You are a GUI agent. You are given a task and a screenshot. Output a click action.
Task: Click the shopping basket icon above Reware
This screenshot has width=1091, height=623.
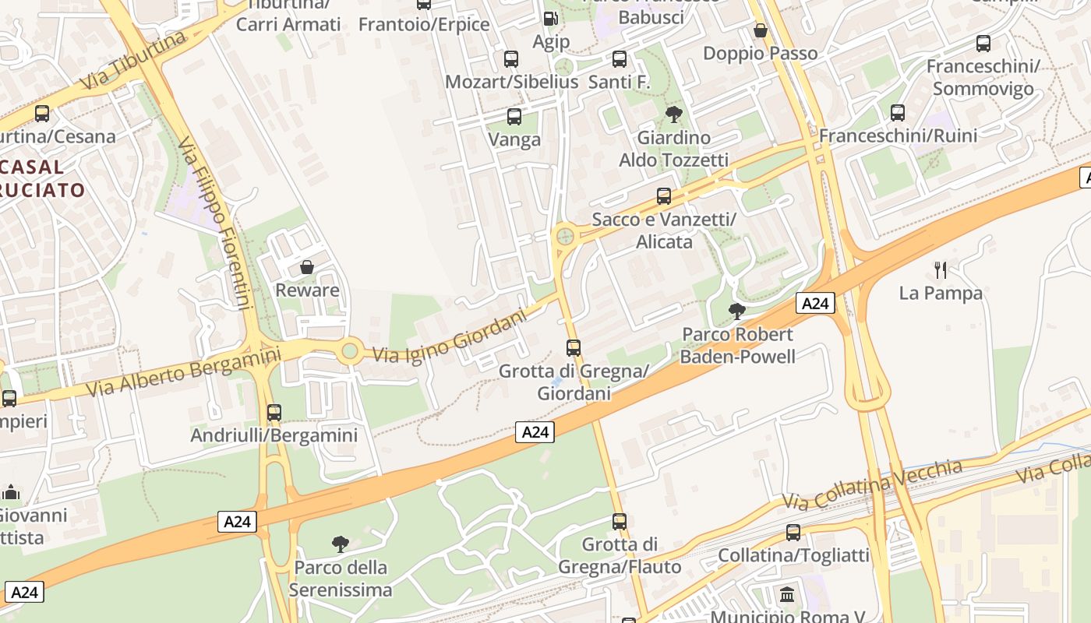[307, 267]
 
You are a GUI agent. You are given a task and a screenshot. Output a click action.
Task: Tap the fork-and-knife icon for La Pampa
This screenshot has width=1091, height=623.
[941, 270]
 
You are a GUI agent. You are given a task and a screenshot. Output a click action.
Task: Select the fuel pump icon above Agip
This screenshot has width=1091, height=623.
[550, 19]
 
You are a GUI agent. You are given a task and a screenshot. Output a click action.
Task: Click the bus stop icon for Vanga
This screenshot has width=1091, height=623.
[514, 117]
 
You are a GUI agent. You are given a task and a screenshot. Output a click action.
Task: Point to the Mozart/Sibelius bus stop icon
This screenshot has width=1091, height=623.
[511, 58]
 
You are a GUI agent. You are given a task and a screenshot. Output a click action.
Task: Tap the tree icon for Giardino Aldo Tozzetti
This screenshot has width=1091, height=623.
[674, 114]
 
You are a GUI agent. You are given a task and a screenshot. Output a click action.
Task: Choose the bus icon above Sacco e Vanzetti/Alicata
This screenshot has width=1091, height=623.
[664, 195]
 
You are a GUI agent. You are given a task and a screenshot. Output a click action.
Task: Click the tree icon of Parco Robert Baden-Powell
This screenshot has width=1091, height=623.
[736, 311]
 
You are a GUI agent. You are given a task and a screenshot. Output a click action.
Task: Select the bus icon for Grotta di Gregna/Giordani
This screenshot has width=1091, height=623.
[574, 347]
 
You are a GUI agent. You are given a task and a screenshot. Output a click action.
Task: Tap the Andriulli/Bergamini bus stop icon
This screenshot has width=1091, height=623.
[274, 412]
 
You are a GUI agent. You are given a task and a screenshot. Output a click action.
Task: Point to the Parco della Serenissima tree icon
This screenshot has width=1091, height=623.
[340, 544]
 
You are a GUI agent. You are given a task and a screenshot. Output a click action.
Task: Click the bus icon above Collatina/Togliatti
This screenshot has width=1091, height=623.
[793, 533]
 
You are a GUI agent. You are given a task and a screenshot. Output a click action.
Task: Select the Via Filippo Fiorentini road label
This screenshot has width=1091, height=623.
[214, 224]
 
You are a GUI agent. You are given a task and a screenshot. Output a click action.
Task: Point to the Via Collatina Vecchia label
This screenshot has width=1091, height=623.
[873, 484]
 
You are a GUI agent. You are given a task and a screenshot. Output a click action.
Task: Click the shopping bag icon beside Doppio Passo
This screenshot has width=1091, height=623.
[761, 30]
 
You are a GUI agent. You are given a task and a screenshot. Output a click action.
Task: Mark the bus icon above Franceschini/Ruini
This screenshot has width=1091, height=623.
[898, 113]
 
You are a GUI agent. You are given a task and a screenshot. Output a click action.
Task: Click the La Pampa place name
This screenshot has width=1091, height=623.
[941, 294]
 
